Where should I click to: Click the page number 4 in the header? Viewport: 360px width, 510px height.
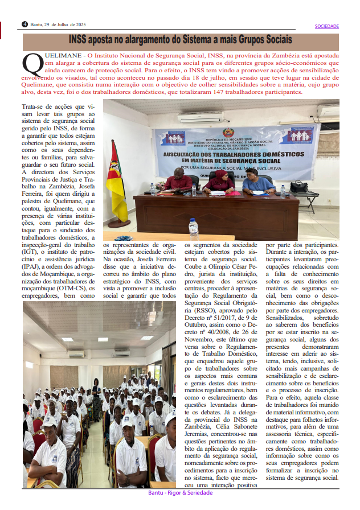click(24, 24)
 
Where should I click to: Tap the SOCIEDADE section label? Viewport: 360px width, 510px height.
click(327, 26)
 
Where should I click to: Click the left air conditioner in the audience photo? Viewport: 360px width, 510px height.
click(76, 353)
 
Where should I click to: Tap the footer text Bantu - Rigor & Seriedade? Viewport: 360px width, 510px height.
click(180, 493)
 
